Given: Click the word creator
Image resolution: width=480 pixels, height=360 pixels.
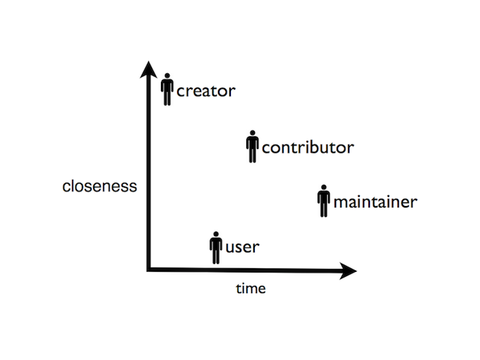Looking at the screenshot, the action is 205,91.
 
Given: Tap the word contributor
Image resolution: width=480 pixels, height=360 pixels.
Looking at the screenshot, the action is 308,148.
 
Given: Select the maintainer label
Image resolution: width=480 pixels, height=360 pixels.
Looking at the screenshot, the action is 376,202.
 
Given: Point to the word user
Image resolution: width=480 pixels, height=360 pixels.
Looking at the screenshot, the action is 242,247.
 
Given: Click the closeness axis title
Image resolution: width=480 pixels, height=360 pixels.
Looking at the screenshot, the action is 100,186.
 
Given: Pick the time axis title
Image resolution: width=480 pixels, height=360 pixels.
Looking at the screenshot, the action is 251,289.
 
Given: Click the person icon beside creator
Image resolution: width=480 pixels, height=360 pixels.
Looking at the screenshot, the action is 167,90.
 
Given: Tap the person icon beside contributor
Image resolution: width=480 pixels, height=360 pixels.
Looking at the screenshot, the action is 253,147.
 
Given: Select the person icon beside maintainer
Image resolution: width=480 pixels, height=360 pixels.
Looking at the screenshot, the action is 324,201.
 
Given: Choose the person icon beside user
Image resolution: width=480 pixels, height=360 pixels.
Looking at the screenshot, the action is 216,248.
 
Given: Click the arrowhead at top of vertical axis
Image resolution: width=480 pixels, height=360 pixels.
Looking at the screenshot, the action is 148,69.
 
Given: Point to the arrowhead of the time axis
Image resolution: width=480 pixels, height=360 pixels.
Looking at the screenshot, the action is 348,270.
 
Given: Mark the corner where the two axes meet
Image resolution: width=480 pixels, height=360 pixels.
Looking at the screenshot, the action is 149,270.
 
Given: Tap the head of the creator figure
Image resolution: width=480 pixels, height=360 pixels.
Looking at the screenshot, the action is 167,76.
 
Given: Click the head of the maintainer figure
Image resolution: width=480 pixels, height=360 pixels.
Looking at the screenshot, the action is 324,187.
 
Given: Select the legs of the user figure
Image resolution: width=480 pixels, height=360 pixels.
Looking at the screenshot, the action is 216,256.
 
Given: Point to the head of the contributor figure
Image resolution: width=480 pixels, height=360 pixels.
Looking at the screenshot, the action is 253,133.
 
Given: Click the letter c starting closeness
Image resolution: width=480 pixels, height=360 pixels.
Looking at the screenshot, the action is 66,187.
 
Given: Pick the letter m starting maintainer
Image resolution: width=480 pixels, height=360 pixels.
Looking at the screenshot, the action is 340,203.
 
